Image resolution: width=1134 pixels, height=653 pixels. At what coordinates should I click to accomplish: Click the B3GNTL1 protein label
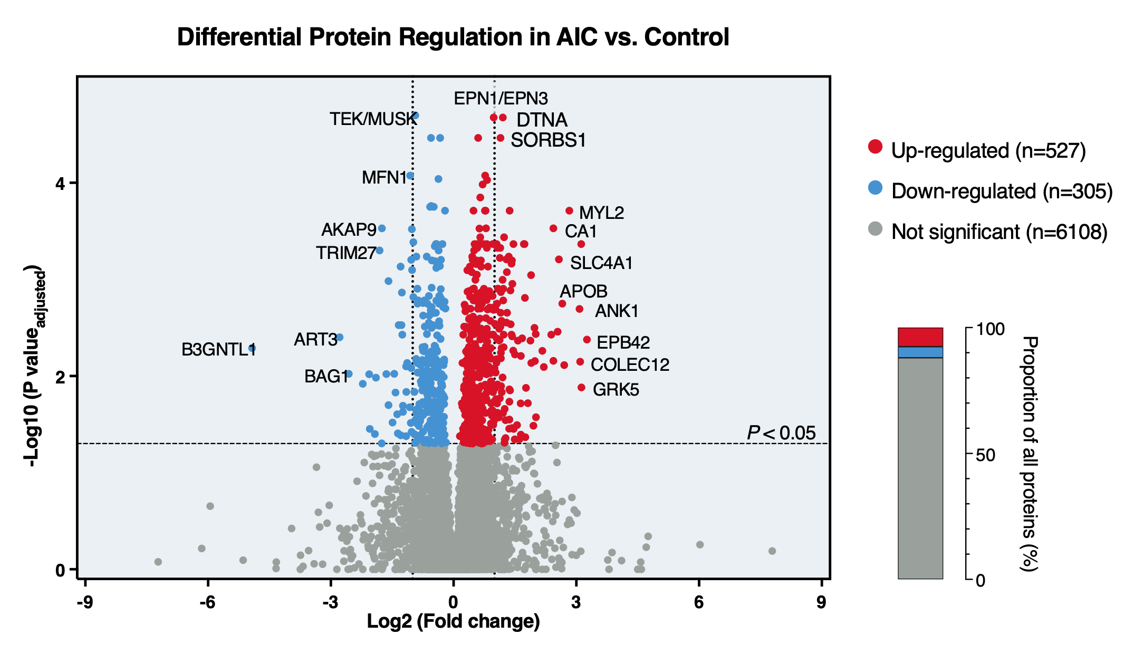pyautogui.click(x=218, y=349)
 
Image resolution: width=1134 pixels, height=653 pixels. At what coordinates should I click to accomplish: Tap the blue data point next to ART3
pyautogui.click(x=340, y=337)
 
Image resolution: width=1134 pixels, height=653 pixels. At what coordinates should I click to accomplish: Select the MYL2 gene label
pyautogui.click(x=601, y=213)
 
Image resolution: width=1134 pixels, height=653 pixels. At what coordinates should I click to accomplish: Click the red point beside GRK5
pyautogui.click(x=581, y=388)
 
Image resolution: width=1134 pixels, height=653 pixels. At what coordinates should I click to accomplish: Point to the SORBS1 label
pyautogui.click(x=548, y=140)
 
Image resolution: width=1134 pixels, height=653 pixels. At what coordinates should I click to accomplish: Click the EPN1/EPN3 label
pyautogui.click(x=501, y=98)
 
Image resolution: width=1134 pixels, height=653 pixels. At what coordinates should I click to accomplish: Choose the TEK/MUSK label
pyautogui.click(x=373, y=119)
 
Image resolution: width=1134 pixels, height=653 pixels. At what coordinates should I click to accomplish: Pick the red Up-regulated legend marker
pyautogui.click(x=875, y=147)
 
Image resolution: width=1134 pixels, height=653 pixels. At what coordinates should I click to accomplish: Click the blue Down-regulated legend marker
pyautogui.click(x=875, y=187)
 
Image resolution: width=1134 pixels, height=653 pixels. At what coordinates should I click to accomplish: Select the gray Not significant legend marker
pyautogui.click(x=875, y=228)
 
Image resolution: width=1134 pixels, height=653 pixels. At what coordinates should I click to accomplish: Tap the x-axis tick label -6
pyautogui.click(x=207, y=602)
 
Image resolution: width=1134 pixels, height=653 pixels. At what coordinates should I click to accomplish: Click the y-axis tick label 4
pyautogui.click(x=60, y=184)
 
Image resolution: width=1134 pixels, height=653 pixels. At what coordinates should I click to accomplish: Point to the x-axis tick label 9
pyautogui.click(x=821, y=602)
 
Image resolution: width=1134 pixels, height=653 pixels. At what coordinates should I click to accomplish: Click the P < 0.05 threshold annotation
pyautogui.click(x=781, y=433)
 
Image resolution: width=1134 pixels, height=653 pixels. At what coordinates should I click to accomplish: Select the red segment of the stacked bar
pyautogui.click(x=920, y=337)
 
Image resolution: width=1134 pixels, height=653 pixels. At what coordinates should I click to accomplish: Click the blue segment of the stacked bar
pyautogui.click(x=920, y=352)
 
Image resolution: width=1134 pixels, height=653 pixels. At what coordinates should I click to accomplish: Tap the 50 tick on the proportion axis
pyautogui.click(x=985, y=455)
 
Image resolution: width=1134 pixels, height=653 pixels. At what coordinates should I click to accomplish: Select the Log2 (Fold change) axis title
pyautogui.click(x=453, y=621)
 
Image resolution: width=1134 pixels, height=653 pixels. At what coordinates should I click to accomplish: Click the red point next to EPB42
pyautogui.click(x=587, y=340)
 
